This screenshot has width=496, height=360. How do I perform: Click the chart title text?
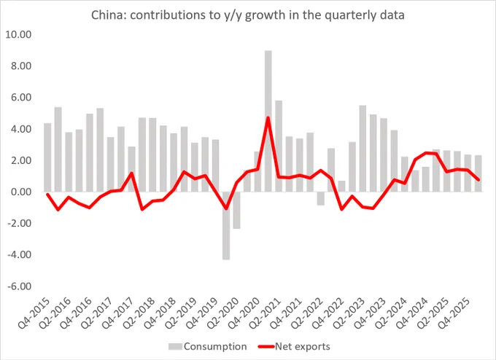(x=248, y=15)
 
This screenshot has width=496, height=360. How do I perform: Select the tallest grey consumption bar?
(x=268, y=121)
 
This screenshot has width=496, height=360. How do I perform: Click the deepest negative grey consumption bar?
(x=226, y=226)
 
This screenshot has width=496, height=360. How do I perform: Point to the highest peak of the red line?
(x=268, y=117)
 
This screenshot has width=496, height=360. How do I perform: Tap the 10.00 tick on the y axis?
(x=18, y=34)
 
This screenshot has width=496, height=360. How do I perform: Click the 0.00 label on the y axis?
(x=21, y=192)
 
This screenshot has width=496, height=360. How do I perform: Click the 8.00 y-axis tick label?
(x=21, y=66)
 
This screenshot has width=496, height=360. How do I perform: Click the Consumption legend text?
(x=215, y=346)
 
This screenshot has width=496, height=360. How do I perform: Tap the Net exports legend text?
(x=303, y=346)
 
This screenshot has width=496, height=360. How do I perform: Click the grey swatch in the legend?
(x=175, y=346)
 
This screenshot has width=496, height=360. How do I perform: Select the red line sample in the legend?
(x=266, y=346)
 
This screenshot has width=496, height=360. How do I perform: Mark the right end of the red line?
(x=478, y=179)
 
